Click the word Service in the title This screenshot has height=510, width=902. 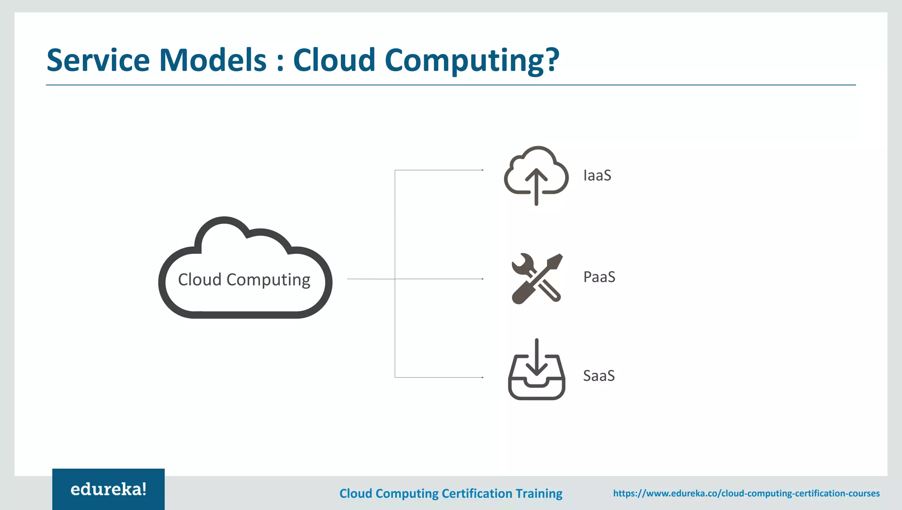pyautogui.click(x=98, y=60)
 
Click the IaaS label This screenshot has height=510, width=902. pyautogui.click(x=597, y=175)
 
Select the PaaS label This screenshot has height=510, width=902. pyautogui.click(x=599, y=277)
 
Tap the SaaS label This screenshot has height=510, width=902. pyautogui.click(x=599, y=376)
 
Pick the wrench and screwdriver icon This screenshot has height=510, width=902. pyautogui.click(x=536, y=278)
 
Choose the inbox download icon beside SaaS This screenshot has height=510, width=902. pyautogui.click(x=536, y=370)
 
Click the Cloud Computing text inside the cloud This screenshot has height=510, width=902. pyautogui.click(x=244, y=279)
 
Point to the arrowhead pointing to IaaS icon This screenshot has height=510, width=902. pyautogui.click(x=483, y=170)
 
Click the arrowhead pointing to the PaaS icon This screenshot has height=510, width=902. pyautogui.click(x=483, y=279)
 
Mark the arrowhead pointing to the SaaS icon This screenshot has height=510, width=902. pyautogui.click(x=483, y=377)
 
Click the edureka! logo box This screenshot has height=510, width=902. pyautogui.click(x=108, y=489)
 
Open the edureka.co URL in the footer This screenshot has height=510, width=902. pyautogui.click(x=746, y=493)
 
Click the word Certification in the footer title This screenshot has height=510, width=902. pyautogui.click(x=477, y=493)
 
